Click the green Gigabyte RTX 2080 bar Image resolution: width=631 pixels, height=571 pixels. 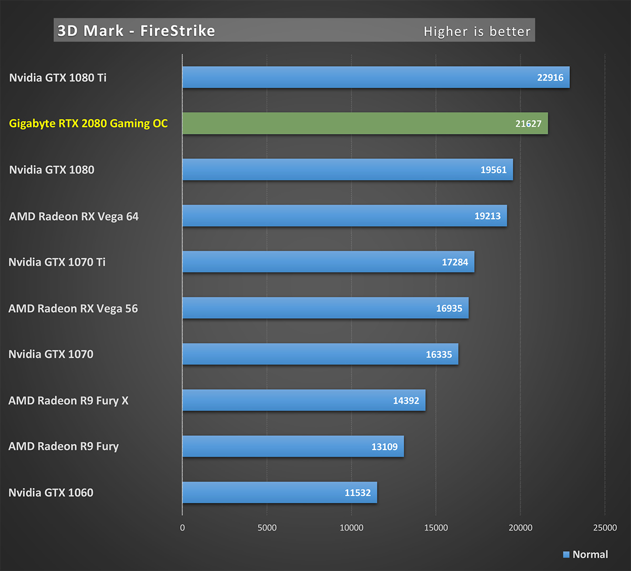pyautogui.click(x=365, y=124)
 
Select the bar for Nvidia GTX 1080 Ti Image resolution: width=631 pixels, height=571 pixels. pyautogui.click(x=376, y=77)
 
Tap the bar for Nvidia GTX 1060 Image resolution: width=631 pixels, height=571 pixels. pyautogui.click(x=280, y=493)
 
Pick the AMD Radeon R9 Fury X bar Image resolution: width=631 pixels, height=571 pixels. pyautogui.click(x=304, y=401)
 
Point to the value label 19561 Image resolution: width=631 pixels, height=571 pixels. pyautogui.click(x=493, y=170)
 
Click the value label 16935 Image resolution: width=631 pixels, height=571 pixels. pyautogui.click(x=449, y=308)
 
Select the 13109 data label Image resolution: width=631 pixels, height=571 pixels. pyautogui.click(x=384, y=447)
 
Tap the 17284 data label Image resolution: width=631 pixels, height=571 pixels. pyautogui.click(x=455, y=262)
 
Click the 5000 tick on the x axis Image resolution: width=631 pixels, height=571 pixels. pyautogui.click(x=267, y=528)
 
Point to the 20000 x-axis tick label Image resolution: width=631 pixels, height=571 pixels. pyautogui.click(x=520, y=528)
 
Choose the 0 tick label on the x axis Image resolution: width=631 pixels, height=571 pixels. pyautogui.click(x=182, y=528)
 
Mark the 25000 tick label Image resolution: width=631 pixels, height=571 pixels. pyautogui.click(x=605, y=528)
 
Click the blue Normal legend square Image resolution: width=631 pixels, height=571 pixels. pyautogui.click(x=566, y=555)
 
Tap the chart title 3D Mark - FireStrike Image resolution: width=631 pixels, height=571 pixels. pyautogui.click(x=136, y=31)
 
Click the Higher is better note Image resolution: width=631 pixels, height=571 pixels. pyautogui.click(x=477, y=32)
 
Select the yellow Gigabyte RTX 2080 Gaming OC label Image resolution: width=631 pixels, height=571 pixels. pyautogui.click(x=88, y=124)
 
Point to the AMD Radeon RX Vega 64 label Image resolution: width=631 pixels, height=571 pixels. pyautogui.click(x=74, y=216)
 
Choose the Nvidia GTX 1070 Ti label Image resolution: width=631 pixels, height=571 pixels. pyautogui.click(x=57, y=262)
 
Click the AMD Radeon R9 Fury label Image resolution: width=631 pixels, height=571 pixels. pyautogui.click(x=64, y=446)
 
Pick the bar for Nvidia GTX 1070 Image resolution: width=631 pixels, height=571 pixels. pyautogui.click(x=320, y=354)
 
